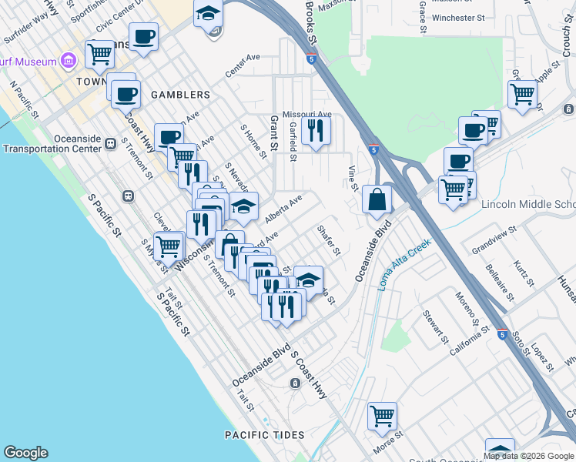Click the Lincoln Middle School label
click(528, 205)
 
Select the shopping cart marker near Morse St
click(382, 417)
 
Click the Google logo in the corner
click(25, 453)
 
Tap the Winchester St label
click(457, 16)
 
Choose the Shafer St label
click(328, 240)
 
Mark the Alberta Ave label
click(284, 208)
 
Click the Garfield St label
click(293, 144)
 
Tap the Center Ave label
click(243, 65)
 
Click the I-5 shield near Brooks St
click(310, 58)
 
